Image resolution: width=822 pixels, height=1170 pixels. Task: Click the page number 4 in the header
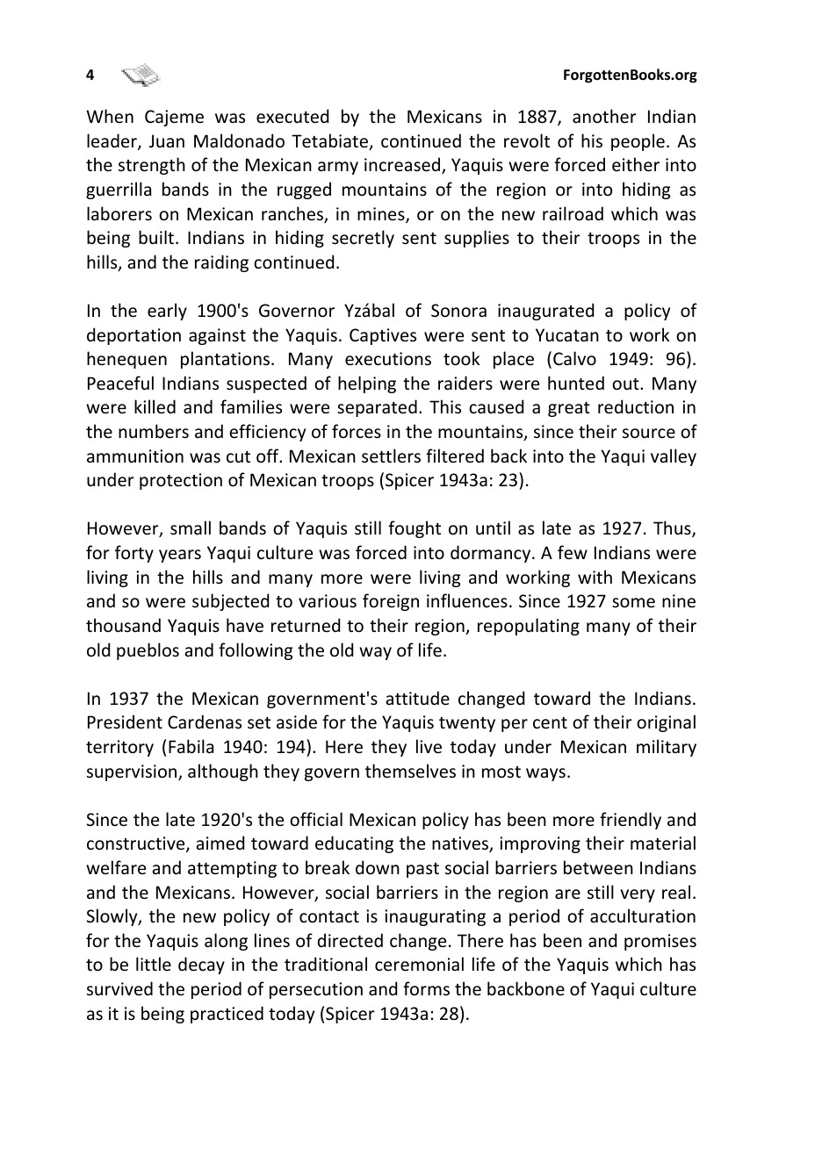pyautogui.click(x=90, y=75)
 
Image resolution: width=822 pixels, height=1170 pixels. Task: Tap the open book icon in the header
pyautogui.click(x=141, y=75)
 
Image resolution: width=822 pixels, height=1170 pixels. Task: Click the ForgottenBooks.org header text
pyautogui.click(x=629, y=75)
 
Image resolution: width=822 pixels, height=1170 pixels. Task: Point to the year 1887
pyautogui.click(x=537, y=118)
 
